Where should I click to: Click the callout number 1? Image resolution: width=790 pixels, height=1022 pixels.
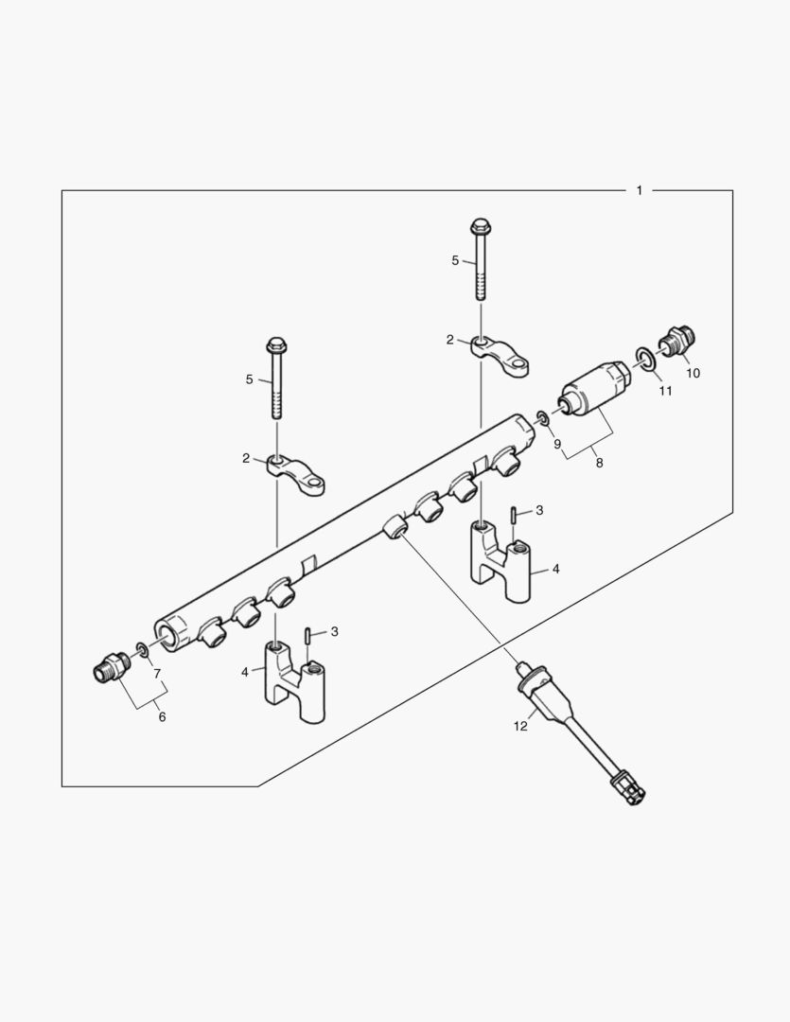click(x=639, y=190)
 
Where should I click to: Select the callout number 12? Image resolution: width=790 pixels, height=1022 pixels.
click(x=519, y=727)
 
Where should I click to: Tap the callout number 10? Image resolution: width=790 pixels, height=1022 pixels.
click(x=693, y=373)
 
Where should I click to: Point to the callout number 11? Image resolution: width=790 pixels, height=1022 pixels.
click(x=665, y=390)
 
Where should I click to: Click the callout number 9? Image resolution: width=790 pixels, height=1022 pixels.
click(x=557, y=443)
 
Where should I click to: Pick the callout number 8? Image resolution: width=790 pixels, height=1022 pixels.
click(x=597, y=463)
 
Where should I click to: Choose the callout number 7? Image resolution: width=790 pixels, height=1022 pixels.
click(x=157, y=674)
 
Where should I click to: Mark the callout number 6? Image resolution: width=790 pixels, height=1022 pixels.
click(x=162, y=717)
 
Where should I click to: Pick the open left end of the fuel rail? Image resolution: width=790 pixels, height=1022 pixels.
click(x=170, y=635)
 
